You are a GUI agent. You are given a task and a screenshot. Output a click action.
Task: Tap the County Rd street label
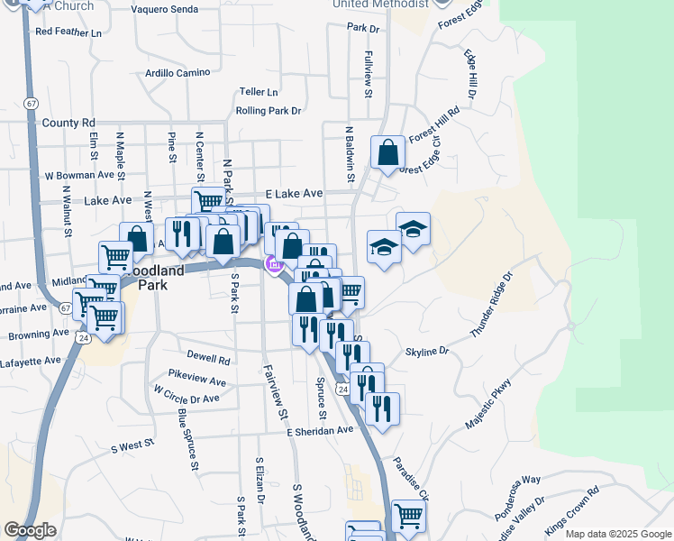coord(68,123)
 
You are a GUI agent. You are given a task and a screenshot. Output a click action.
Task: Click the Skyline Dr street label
coord(426,352)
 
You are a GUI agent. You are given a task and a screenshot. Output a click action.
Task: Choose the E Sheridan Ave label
coord(321,431)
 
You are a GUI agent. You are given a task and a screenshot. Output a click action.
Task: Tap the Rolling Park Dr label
coord(268,111)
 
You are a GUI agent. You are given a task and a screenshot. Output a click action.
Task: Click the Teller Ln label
coord(259,92)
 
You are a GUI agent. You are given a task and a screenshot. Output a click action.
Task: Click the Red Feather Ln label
coord(68,32)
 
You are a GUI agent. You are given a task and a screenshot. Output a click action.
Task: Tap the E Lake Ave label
coord(294,194)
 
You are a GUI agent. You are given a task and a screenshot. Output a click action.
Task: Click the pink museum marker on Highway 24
coord(272,264)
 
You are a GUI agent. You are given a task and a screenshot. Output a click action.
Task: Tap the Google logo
coord(30,530)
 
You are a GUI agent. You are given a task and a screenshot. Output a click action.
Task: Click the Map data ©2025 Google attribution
coord(618,534)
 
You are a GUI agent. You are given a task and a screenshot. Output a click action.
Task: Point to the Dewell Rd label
coord(209,359)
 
